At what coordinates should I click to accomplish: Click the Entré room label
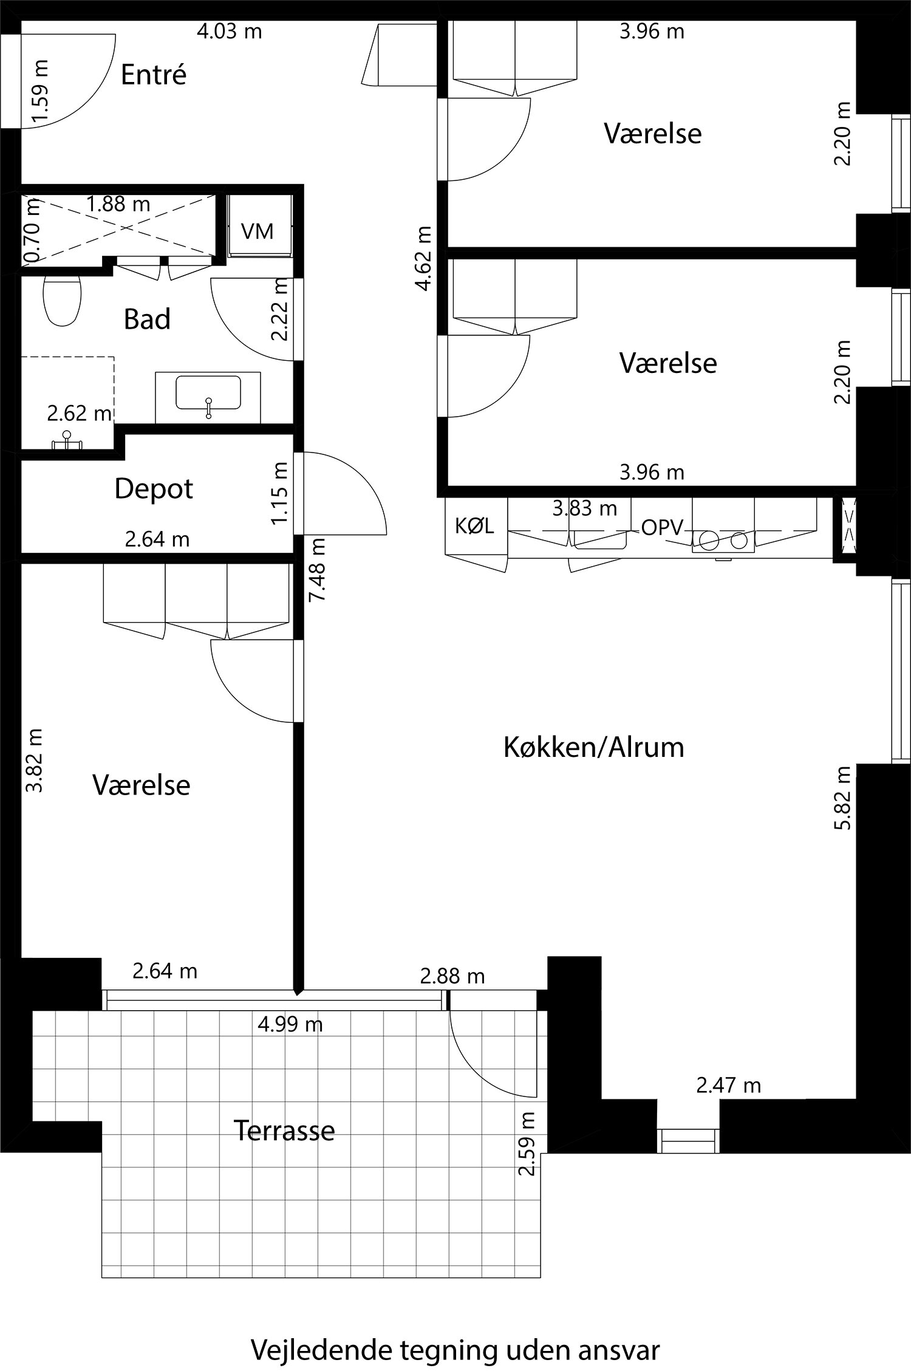pyautogui.click(x=153, y=75)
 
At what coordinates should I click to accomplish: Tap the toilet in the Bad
pyautogui.click(x=62, y=301)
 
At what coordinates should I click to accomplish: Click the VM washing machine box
pyautogui.click(x=258, y=231)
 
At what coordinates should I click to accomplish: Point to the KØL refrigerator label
pyautogui.click(x=474, y=526)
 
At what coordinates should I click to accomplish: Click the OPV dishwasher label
pyautogui.click(x=662, y=528)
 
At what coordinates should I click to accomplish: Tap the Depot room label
pyautogui.click(x=154, y=489)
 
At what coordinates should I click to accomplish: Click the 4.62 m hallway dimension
pyautogui.click(x=425, y=258)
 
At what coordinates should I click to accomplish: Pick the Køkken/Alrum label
pyautogui.click(x=593, y=747)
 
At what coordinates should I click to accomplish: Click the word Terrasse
pyautogui.click(x=284, y=1130)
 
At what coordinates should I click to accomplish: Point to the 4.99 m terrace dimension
pyautogui.click(x=290, y=1025)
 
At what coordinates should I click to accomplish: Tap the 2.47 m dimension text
pyautogui.click(x=728, y=1085)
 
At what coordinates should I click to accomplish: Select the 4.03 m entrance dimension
pyautogui.click(x=229, y=31)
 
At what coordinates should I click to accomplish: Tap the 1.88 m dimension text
pyautogui.click(x=118, y=204)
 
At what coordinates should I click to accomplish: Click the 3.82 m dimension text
pyautogui.click(x=35, y=760)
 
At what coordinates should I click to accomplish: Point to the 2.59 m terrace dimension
pyautogui.click(x=527, y=1144)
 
